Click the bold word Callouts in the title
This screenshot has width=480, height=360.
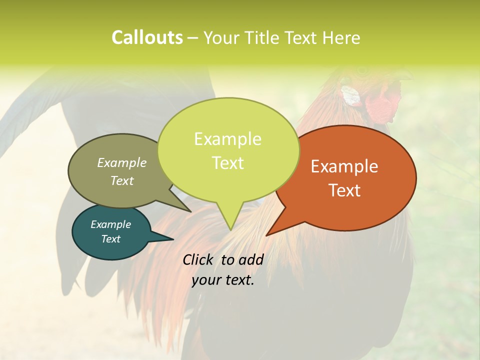[x=147, y=37]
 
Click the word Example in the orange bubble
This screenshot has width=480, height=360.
[x=344, y=166]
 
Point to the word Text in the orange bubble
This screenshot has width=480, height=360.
[x=344, y=190]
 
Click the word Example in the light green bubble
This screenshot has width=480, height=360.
[x=227, y=139]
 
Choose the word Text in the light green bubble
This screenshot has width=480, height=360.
[x=227, y=163]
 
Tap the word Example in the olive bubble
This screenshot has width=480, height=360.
[x=122, y=162]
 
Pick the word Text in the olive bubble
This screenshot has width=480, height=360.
[x=122, y=180]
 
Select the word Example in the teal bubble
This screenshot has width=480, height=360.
[x=110, y=224]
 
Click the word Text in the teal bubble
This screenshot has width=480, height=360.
[x=110, y=239]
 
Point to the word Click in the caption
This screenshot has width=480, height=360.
[x=199, y=259]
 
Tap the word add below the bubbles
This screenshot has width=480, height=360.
[x=251, y=259]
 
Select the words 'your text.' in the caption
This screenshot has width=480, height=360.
[x=223, y=280]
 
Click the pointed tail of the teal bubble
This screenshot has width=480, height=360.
[x=167, y=238]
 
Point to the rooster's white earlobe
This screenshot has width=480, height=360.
[x=351, y=95]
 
